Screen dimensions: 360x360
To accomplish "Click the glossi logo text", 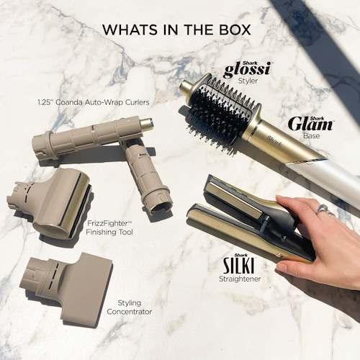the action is (248, 70).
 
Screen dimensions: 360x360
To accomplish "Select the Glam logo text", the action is (311, 125).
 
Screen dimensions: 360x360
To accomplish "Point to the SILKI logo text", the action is (239, 265).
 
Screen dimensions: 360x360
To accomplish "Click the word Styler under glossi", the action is (248, 81).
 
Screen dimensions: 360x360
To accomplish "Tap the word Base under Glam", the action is (312, 135).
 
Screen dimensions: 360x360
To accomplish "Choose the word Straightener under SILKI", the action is (240, 279).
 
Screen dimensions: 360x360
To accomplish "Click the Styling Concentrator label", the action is (130, 307).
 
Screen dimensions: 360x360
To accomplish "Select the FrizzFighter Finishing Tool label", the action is (109, 228).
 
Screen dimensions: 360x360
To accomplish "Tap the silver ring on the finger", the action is (324, 210).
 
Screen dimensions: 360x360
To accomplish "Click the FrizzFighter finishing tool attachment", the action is (49, 204).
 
